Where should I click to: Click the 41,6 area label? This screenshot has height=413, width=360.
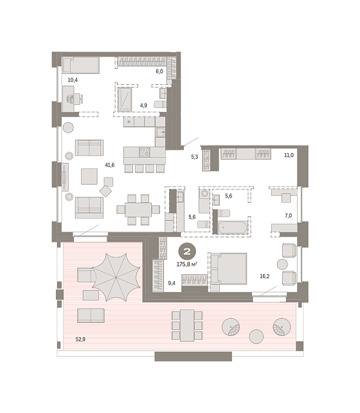point(110,165)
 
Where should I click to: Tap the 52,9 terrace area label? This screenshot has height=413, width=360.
point(80,339)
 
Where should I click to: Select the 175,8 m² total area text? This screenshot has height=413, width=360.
point(187,264)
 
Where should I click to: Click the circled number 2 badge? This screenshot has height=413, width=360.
point(187,252)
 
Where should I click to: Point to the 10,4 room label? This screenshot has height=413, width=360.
point(73,80)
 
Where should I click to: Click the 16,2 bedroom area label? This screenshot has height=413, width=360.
point(264,277)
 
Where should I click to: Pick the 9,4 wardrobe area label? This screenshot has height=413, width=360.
point(172,284)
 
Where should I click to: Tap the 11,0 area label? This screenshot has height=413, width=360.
point(289,156)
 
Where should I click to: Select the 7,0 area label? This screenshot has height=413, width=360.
point(289,216)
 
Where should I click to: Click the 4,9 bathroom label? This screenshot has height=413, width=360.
point(143,106)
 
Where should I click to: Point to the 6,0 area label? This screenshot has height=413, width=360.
point(159,71)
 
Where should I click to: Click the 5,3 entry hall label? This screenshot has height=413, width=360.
point(195,157)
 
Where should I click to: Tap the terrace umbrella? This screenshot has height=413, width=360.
point(116,277)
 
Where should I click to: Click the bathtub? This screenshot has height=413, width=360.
point(233,228)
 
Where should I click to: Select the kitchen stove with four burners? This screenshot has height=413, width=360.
point(144,152)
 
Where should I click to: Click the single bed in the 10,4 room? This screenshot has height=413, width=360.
point(81,66)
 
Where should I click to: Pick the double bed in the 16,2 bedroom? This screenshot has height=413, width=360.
point(228,269)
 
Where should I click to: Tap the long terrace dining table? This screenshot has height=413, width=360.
point(187,326)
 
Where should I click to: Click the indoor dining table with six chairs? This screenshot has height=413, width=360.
point(138,210)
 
